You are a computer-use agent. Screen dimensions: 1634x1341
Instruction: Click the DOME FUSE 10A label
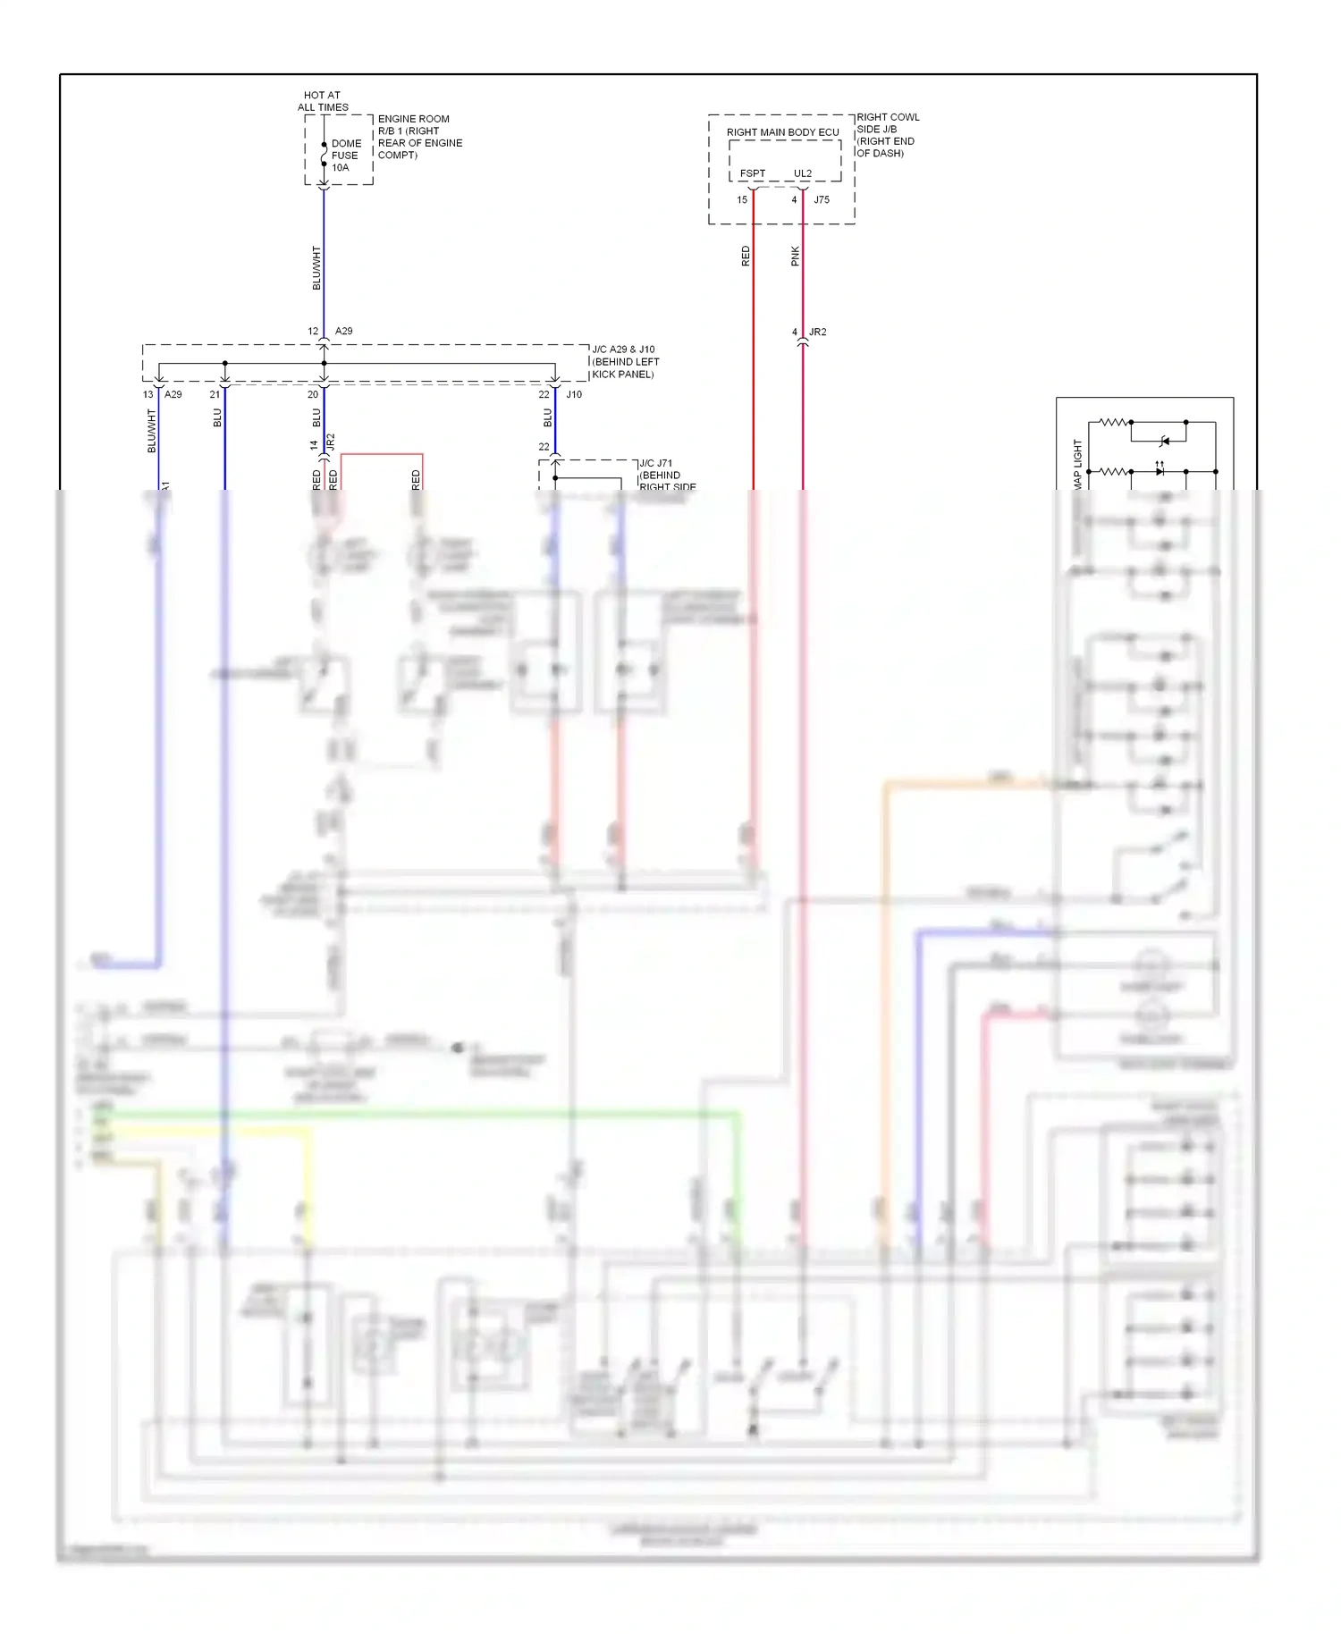(346, 156)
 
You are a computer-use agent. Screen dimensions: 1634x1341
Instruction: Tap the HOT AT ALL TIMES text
(323, 101)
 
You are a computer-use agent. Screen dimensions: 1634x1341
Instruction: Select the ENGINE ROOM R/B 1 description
(419, 137)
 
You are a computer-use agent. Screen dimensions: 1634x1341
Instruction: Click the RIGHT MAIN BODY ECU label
(782, 132)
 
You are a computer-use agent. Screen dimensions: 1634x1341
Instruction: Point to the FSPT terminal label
(752, 173)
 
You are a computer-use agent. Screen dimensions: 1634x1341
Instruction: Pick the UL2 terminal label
(803, 173)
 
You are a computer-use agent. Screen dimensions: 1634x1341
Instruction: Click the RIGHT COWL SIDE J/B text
(887, 135)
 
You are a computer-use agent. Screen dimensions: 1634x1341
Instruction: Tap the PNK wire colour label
(795, 257)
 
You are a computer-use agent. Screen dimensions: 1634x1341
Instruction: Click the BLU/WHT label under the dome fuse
(316, 267)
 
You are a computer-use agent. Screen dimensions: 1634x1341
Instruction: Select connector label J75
(822, 200)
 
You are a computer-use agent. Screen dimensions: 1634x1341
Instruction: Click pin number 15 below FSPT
(742, 200)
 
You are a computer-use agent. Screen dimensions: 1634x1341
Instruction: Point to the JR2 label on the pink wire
(818, 333)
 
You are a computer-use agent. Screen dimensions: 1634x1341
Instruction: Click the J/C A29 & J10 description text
(625, 362)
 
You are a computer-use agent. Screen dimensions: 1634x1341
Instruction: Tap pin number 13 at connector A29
(148, 394)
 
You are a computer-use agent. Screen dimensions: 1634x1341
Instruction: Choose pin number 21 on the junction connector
(215, 394)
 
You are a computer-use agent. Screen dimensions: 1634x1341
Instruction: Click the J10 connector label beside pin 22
(574, 394)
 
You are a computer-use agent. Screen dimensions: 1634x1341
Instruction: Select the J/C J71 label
(656, 463)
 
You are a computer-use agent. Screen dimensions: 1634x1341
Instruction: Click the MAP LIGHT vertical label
(1077, 463)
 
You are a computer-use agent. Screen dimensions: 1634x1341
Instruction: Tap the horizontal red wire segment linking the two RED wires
(382, 454)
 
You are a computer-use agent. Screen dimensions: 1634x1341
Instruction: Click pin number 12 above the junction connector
(313, 332)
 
